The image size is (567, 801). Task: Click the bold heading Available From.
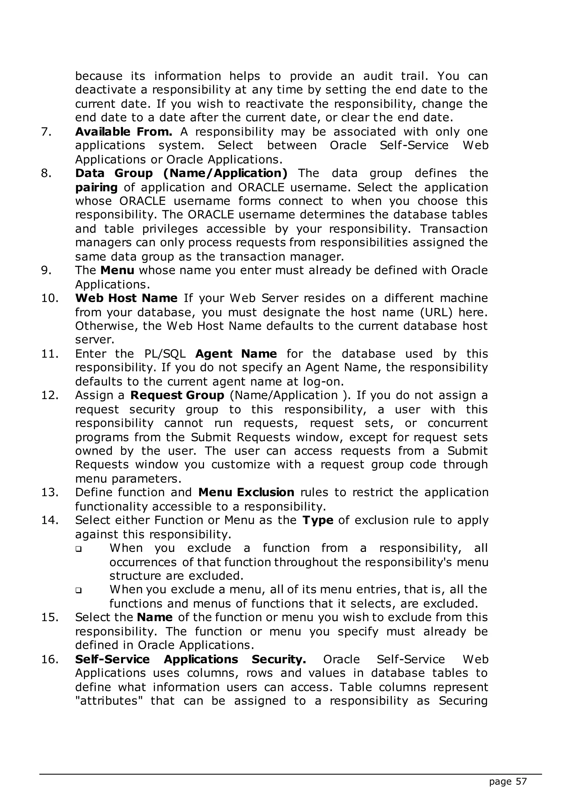pyautogui.click(x=123, y=132)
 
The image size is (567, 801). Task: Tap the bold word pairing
pyautogui.click(x=96, y=188)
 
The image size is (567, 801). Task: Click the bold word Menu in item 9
pyautogui.click(x=117, y=271)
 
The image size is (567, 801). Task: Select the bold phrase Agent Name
pyautogui.click(x=236, y=354)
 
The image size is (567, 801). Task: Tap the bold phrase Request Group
pyautogui.click(x=177, y=395)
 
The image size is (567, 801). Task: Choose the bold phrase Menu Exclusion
pyautogui.click(x=246, y=492)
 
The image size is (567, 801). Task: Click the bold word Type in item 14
pyautogui.click(x=318, y=520)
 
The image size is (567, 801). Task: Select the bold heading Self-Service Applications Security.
pyautogui.click(x=191, y=659)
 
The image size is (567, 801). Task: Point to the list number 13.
pyautogui.click(x=49, y=492)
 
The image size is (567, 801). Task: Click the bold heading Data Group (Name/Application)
pyautogui.click(x=181, y=173)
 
